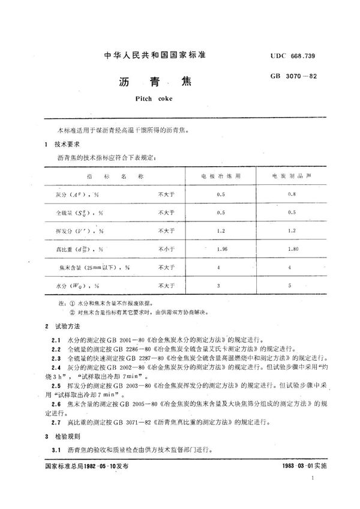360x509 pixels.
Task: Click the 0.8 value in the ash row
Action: (x=292, y=195)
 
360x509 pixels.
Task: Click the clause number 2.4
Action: (x=55, y=366)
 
